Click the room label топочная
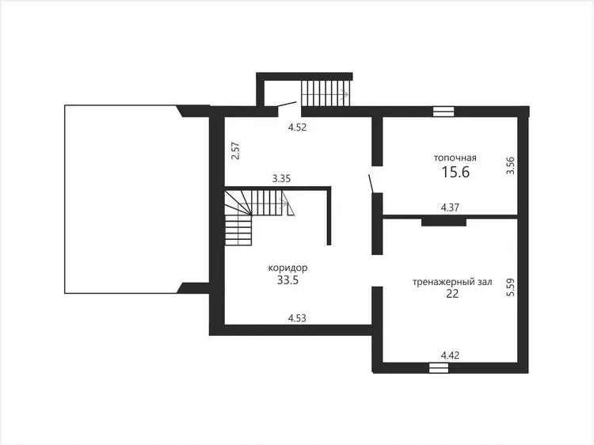point(455,158)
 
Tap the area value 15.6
point(455,173)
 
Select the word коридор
point(288,268)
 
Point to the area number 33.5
point(288,280)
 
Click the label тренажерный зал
point(452,282)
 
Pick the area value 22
point(453,294)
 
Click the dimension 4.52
point(297,127)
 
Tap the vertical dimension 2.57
point(236,150)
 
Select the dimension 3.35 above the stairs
point(281,178)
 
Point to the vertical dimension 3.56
point(511,165)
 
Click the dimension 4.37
point(450,207)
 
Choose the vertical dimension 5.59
point(511,287)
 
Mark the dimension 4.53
point(297,318)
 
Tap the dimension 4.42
point(450,356)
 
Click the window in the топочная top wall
point(444,112)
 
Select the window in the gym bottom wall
point(439,367)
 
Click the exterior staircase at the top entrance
point(326,93)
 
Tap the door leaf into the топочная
point(372,184)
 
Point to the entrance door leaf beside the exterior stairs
point(287,104)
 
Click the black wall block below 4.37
point(444,222)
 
